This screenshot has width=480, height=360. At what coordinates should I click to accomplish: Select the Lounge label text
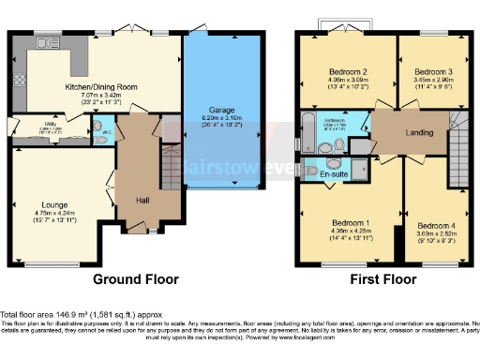(54, 203)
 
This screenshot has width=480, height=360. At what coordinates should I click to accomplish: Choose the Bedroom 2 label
(346, 72)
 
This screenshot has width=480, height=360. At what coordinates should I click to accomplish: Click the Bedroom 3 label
(434, 72)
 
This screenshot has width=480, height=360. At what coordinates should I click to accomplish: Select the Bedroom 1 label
(348, 222)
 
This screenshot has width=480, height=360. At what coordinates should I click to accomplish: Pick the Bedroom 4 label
(437, 226)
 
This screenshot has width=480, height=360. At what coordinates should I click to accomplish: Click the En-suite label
(334, 173)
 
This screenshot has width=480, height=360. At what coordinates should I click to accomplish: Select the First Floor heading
(382, 279)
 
